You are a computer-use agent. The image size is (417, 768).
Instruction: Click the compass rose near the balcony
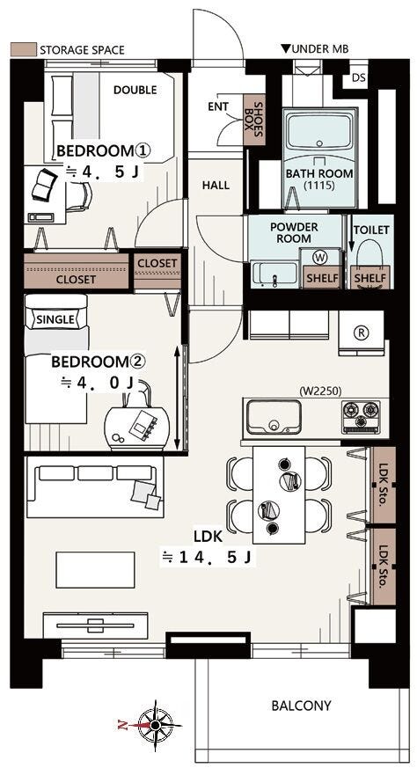point(155,725)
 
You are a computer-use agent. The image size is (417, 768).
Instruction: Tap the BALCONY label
point(302,706)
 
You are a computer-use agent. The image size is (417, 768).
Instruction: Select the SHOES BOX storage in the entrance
point(254,119)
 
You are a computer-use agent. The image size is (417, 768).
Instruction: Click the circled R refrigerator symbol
point(362,333)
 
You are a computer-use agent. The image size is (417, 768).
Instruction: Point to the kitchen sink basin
point(274,416)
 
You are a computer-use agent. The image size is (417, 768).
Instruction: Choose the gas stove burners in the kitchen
point(362,416)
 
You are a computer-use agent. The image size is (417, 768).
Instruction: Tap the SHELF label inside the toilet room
point(370,279)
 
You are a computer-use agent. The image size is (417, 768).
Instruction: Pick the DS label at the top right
point(359,78)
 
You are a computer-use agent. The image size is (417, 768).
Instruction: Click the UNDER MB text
point(314,48)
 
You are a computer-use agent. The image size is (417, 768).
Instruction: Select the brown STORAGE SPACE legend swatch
point(24,49)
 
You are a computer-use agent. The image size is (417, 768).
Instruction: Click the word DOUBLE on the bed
point(135,90)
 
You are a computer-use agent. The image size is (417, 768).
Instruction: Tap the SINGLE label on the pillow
point(55,320)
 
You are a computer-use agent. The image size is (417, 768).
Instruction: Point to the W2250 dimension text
point(320,391)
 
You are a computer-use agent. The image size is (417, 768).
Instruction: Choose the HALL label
point(216,185)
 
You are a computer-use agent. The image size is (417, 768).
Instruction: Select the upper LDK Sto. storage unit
point(383,485)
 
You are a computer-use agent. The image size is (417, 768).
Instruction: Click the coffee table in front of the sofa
point(96,570)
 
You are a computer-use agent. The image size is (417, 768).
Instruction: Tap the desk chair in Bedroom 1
point(79,196)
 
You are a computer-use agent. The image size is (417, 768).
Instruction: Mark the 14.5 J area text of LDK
point(208,558)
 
